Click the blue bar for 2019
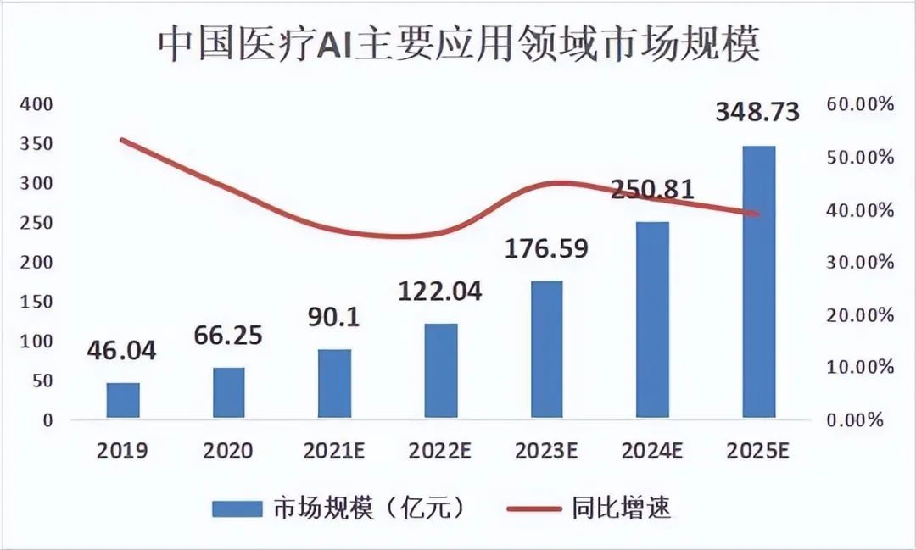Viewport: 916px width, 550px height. tap(123, 400)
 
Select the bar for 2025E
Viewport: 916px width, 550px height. tap(759, 282)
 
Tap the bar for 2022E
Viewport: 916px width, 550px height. tap(441, 370)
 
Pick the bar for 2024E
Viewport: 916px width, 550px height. tap(653, 319)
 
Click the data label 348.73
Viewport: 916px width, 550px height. tap(757, 112)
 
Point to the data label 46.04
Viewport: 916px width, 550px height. tap(122, 350)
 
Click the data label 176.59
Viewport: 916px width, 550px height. tap(547, 249)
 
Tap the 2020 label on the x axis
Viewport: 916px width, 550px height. tap(228, 450)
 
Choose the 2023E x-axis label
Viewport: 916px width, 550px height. tap(547, 450)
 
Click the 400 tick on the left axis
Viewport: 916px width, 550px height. tap(36, 104)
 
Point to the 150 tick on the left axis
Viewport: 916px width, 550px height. tap(36, 302)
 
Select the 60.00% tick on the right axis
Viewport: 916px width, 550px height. tap(859, 104)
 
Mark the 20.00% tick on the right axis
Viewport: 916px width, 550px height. tap(859, 315)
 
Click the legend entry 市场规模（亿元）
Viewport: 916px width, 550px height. tap(339, 508)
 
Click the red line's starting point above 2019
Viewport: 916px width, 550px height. tap(123, 140)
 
